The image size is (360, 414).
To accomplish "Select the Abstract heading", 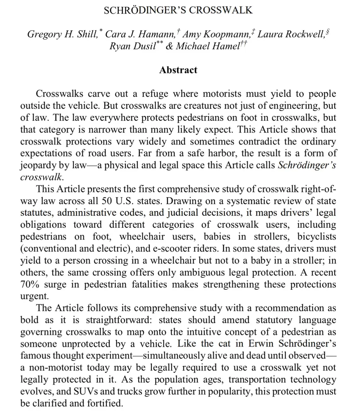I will click(178, 70).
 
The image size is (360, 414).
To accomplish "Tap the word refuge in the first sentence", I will click(150, 94).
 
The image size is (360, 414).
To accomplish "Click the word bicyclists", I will click(316, 237).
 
